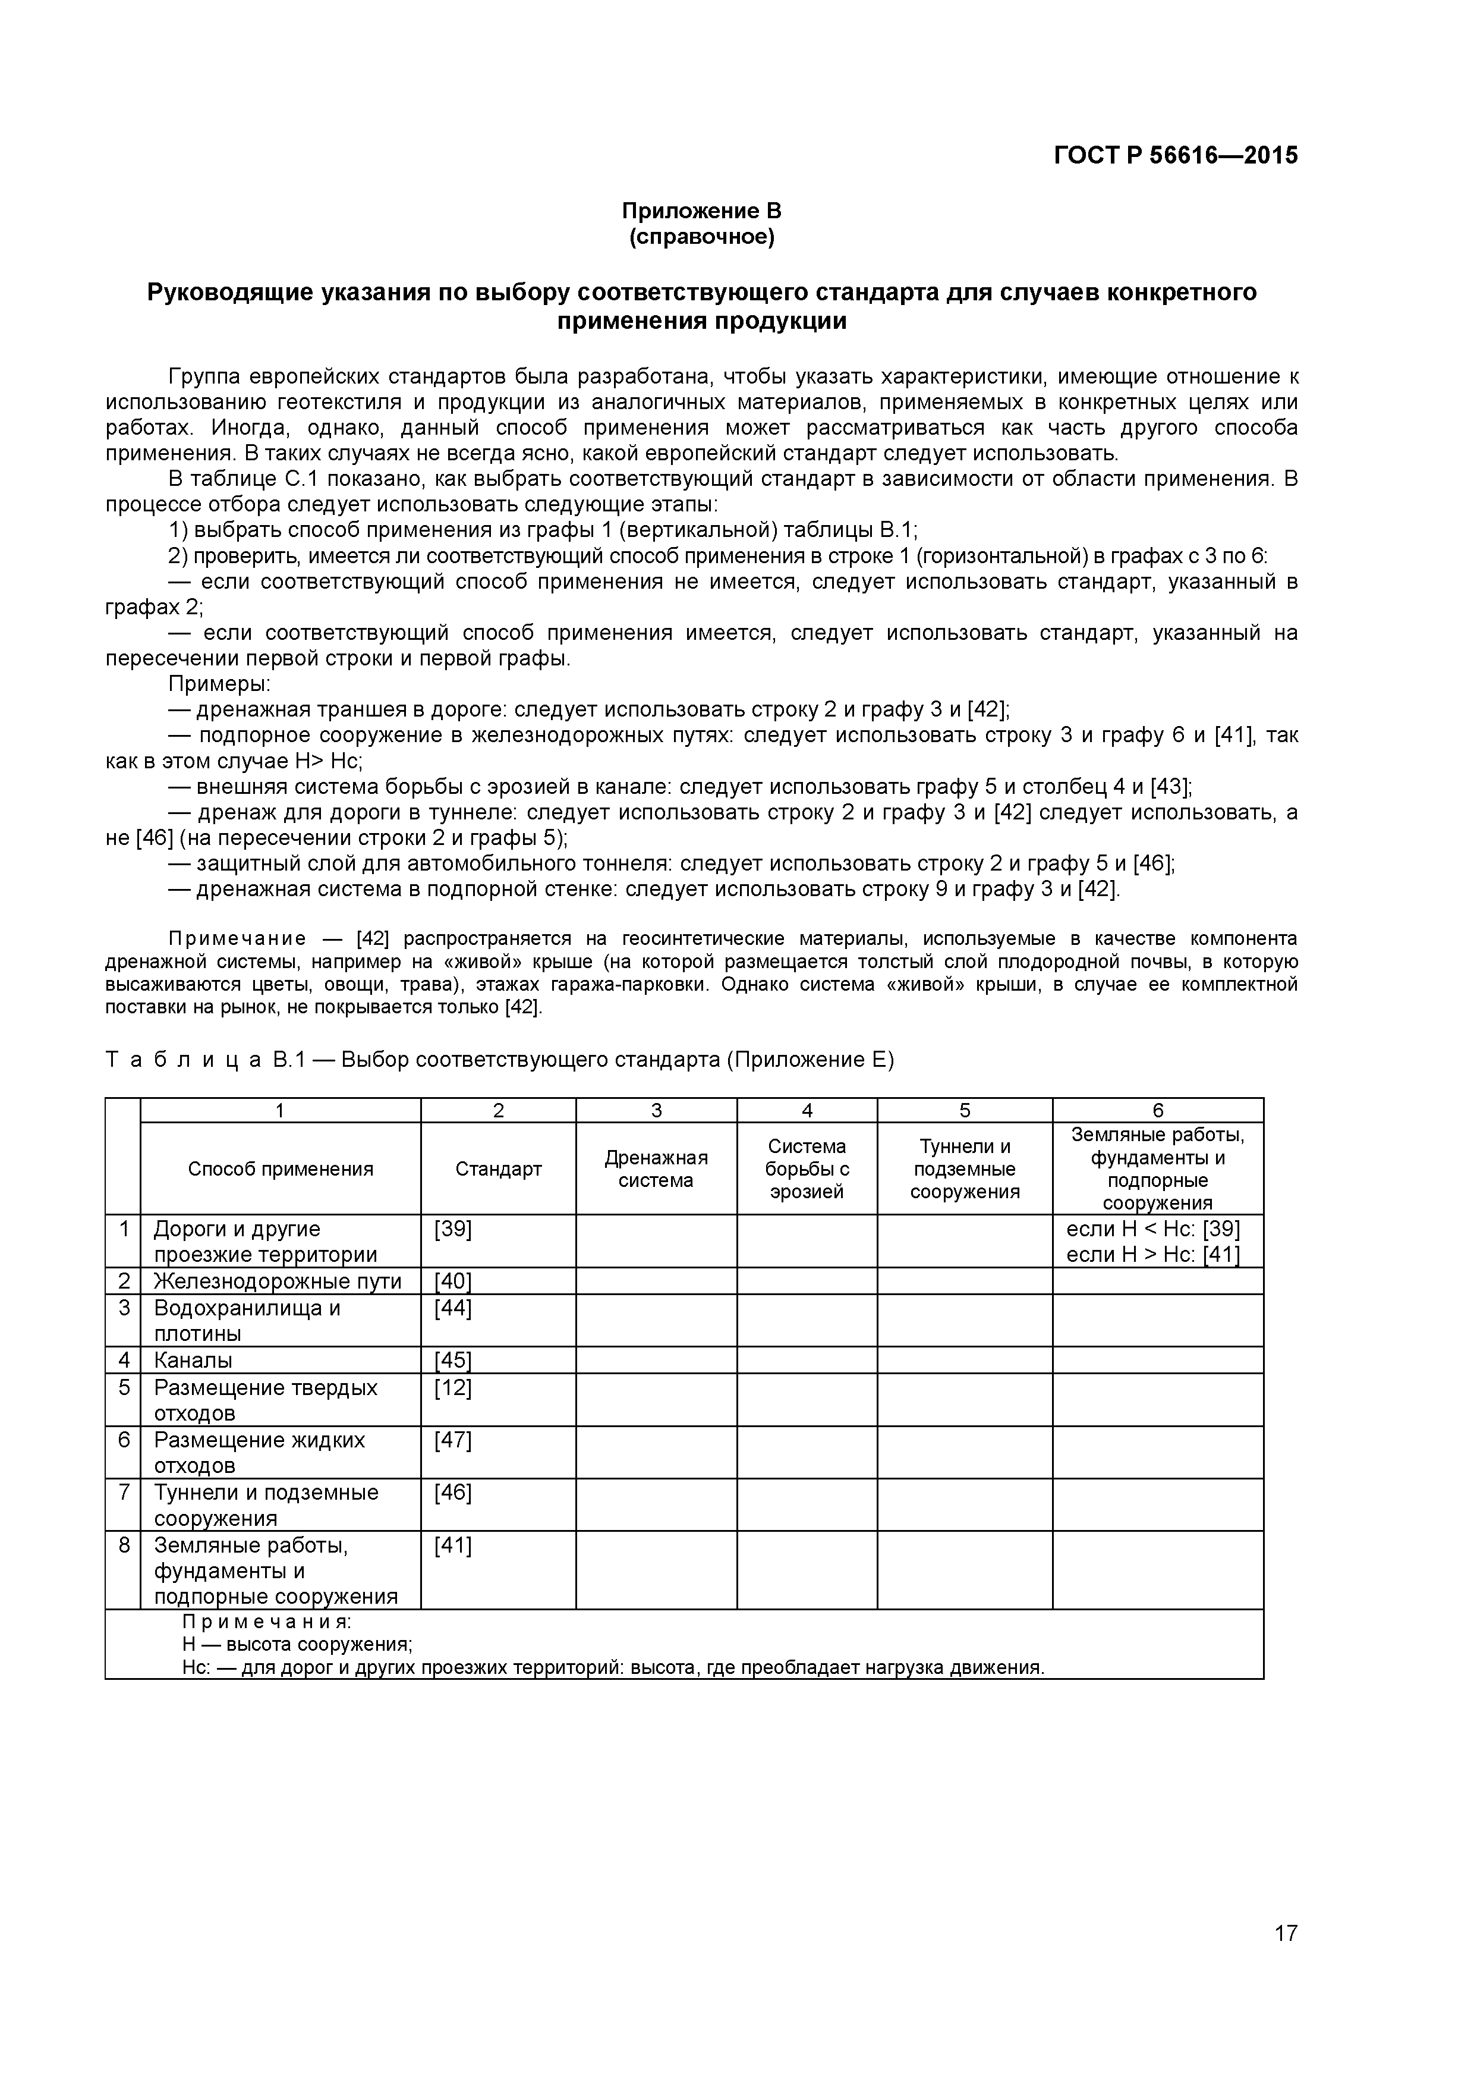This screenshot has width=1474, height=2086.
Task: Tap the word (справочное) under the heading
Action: [701, 238]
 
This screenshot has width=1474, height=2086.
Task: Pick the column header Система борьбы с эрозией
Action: [807, 1168]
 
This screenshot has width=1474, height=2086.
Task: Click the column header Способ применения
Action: [281, 1168]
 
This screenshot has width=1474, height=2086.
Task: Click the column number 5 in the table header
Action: [965, 1110]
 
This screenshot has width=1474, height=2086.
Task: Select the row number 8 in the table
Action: [124, 1545]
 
